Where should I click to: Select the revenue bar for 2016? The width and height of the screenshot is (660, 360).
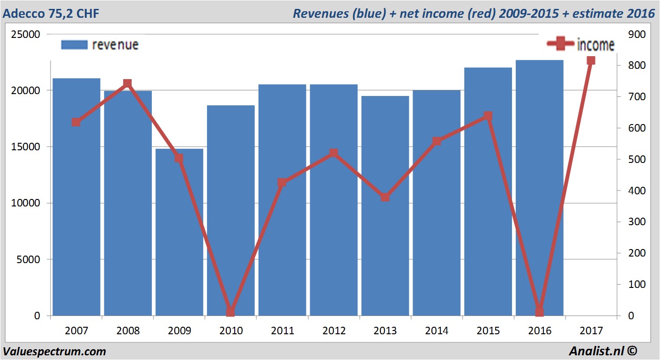[540, 187]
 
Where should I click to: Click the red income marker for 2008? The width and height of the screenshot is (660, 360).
[127, 84]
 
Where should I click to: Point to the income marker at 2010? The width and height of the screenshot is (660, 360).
[230, 312]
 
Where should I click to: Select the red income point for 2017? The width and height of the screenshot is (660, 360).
[591, 60]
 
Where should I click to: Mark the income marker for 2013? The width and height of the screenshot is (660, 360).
[385, 197]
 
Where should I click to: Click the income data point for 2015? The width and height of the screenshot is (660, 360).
[488, 116]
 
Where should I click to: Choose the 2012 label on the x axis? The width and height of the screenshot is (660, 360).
[334, 331]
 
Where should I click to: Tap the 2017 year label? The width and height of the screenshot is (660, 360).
[591, 331]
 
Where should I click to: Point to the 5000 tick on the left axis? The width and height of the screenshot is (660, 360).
[27, 259]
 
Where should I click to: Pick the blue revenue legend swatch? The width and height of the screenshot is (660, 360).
[74, 44]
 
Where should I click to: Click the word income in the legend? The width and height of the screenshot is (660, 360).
[596, 45]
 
